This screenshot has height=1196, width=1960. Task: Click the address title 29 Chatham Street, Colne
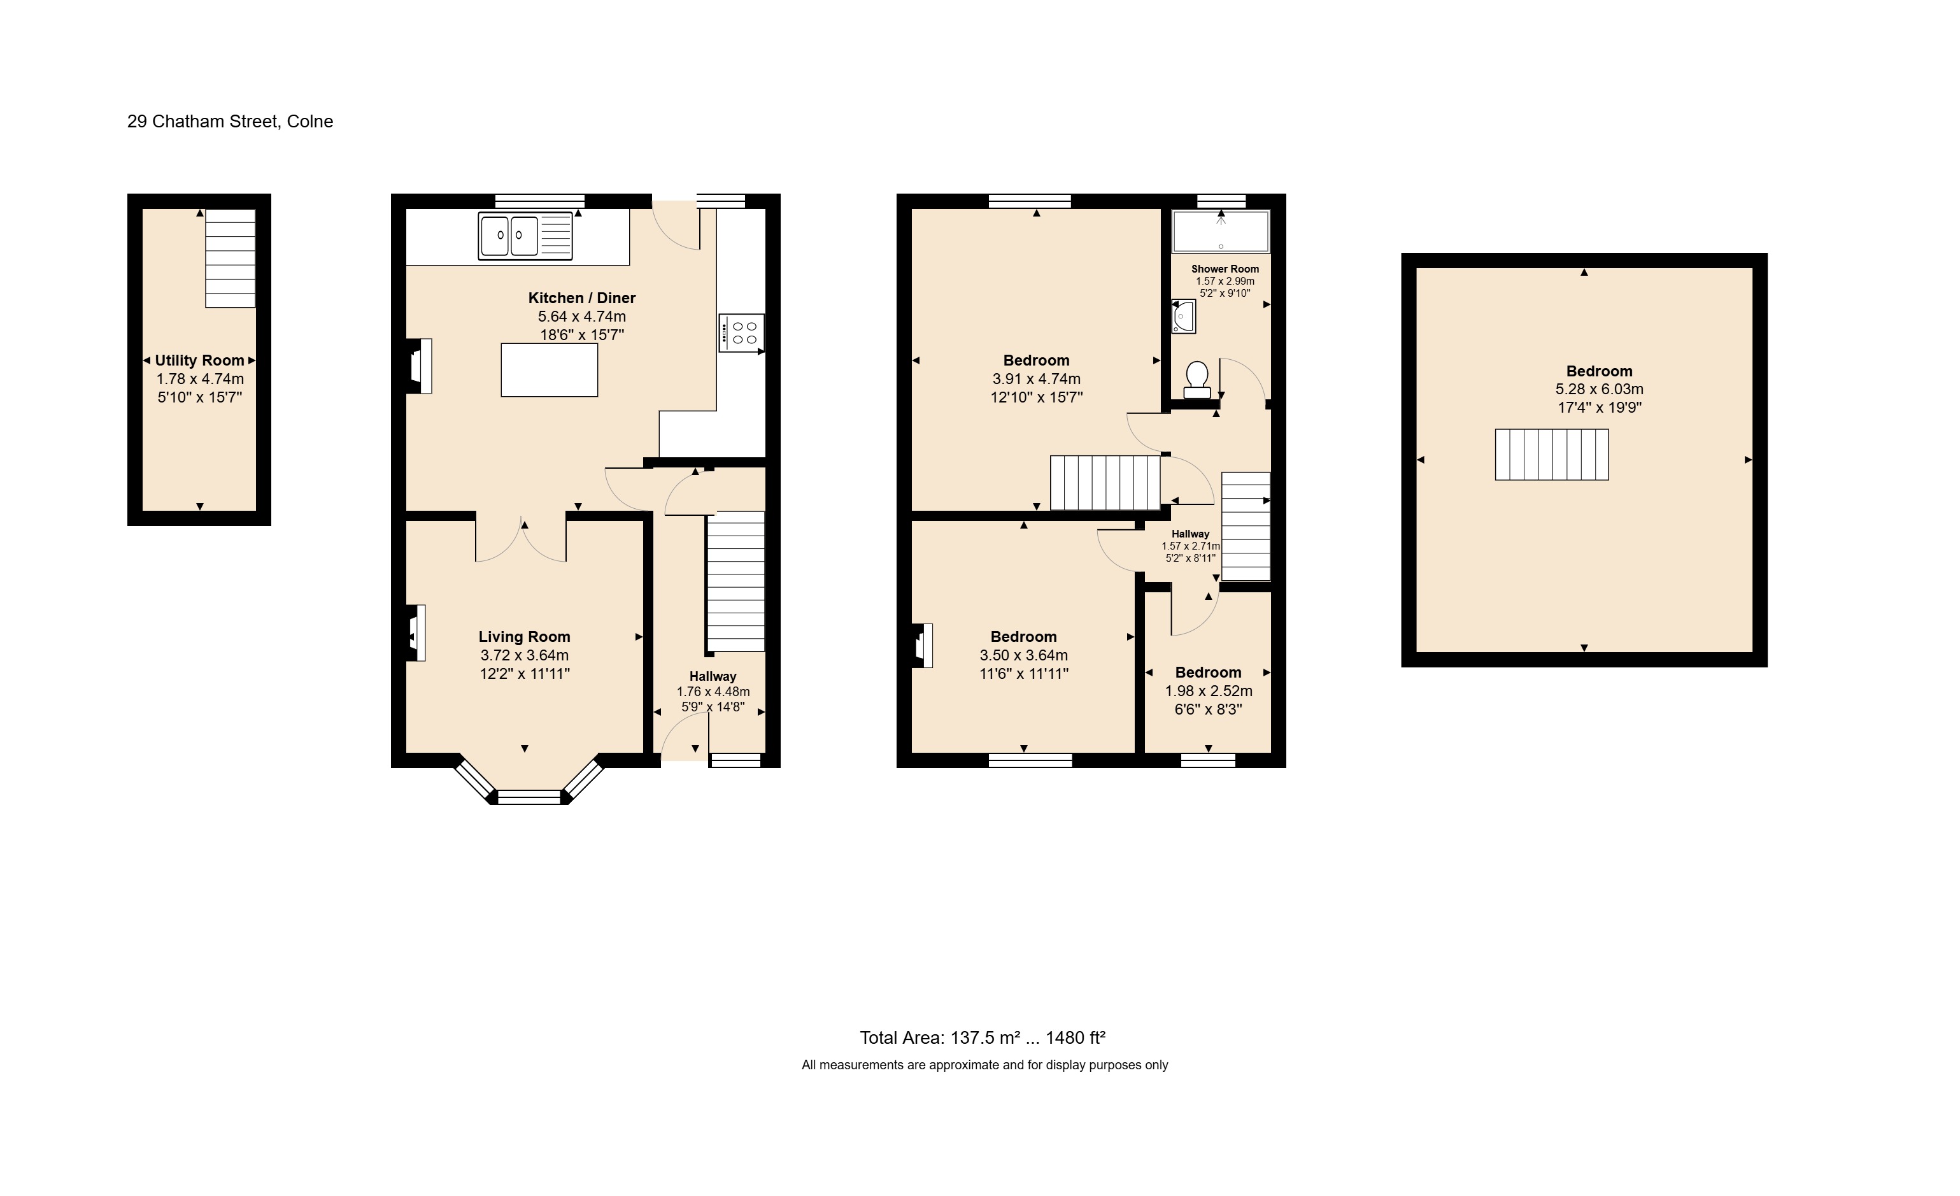point(230,122)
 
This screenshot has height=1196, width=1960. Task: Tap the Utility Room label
point(200,360)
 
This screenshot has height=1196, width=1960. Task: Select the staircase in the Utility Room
point(231,259)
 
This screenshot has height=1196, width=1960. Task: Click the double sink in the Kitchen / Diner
point(525,236)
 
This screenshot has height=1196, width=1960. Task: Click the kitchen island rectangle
point(550,370)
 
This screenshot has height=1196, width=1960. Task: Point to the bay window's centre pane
point(529,797)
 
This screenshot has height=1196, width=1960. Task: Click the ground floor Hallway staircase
point(735,581)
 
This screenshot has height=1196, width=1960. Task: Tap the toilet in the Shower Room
point(1197,380)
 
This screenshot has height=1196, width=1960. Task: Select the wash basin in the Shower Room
point(1184,317)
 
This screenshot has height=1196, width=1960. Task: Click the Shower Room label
point(1225,269)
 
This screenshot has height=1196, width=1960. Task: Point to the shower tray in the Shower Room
point(1221,232)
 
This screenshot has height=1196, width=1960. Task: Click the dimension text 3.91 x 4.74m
point(1037,380)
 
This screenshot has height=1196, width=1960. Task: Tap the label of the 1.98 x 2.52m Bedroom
point(1209,673)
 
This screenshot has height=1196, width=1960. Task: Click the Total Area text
point(983,1037)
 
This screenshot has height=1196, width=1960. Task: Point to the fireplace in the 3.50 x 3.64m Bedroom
point(923,645)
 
